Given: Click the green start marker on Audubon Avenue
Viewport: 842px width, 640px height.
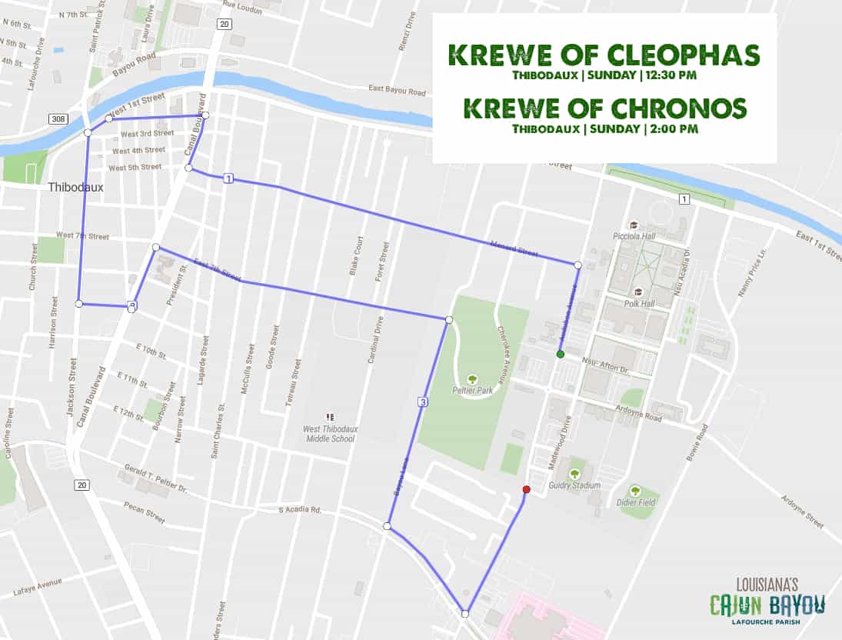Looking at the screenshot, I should pos(561,354).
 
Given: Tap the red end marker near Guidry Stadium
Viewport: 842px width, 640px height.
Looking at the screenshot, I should pos(526,489).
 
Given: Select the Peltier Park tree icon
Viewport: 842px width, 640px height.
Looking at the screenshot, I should pos(473,379).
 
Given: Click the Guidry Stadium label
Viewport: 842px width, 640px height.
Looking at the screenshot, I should pos(574,485).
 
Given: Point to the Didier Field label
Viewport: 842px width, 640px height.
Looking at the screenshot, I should pos(636,502).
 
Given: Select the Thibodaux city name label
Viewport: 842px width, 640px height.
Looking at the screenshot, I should pos(75,187).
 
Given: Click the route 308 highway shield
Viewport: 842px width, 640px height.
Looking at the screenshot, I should pos(57,119).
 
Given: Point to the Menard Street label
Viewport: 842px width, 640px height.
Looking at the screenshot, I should pos(514,248).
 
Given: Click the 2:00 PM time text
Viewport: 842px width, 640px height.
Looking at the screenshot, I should pos(674,128).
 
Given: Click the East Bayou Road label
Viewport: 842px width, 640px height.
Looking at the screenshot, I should pos(397,92).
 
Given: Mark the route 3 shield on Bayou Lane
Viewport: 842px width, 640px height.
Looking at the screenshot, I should pos(423,402).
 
